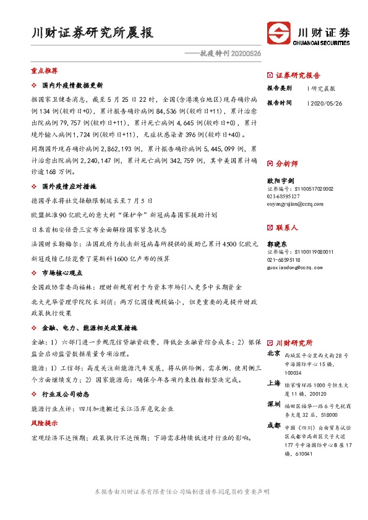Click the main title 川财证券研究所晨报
[92, 33]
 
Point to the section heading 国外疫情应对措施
[68, 186]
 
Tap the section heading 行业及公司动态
[66, 393]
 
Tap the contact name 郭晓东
[278, 244]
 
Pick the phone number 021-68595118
[286, 259]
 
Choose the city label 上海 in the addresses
[273, 384]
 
